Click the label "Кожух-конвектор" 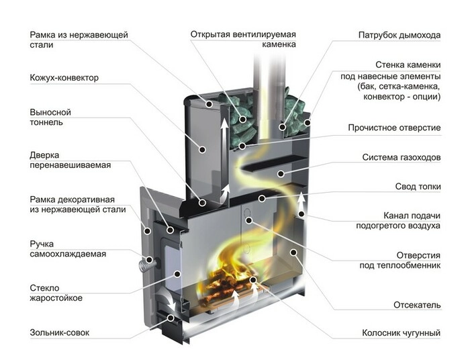[64, 78]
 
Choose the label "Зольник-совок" [59, 332]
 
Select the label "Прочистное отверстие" [393, 128]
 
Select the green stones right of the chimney [293, 108]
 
